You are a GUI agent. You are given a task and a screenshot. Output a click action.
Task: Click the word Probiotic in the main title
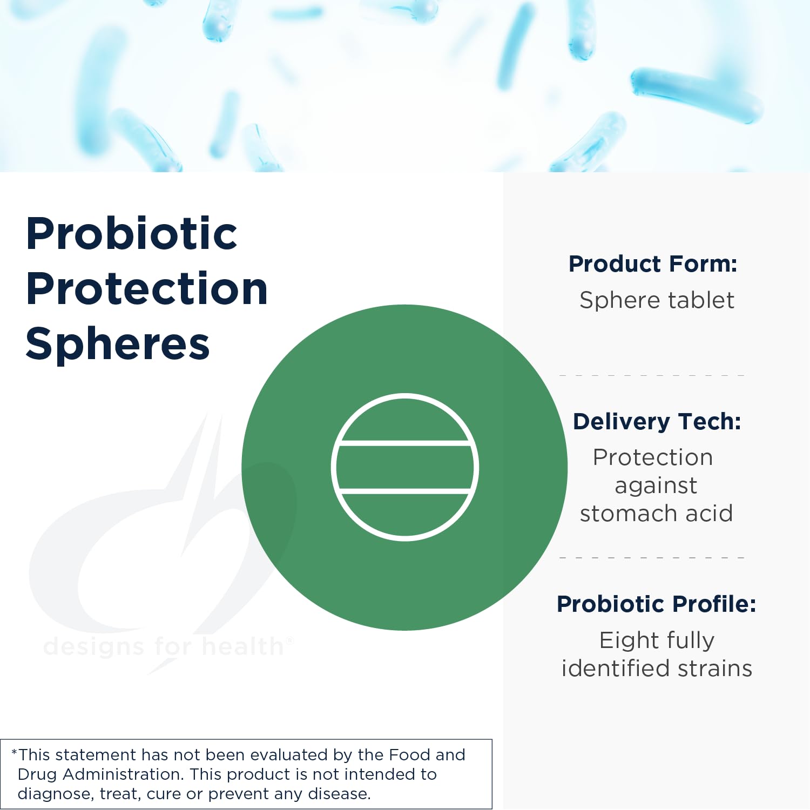tap(132, 234)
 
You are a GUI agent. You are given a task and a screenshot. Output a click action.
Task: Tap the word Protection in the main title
tap(147, 289)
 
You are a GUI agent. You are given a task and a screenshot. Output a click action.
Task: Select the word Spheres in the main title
tap(118, 344)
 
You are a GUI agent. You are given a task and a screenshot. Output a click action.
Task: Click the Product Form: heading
tap(653, 264)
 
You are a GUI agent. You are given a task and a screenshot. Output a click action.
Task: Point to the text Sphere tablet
tap(657, 300)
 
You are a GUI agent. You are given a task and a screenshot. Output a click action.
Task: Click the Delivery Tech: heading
tap(657, 422)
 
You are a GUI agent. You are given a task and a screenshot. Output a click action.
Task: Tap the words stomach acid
tap(656, 514)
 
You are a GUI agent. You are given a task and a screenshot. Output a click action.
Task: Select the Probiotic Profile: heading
tap(656, 604)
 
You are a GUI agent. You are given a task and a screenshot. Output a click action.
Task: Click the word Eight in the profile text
tap(622, 641)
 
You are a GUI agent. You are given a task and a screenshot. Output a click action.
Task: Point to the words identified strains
tap(657, 669)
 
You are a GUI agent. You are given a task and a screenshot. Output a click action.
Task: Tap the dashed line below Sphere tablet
tap(652, 375)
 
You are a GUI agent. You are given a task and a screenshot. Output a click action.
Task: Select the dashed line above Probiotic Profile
tap(652, 557)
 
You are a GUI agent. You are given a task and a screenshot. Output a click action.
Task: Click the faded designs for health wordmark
tap(165, 646)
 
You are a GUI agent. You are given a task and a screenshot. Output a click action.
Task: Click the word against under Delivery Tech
tap(656, 486)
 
